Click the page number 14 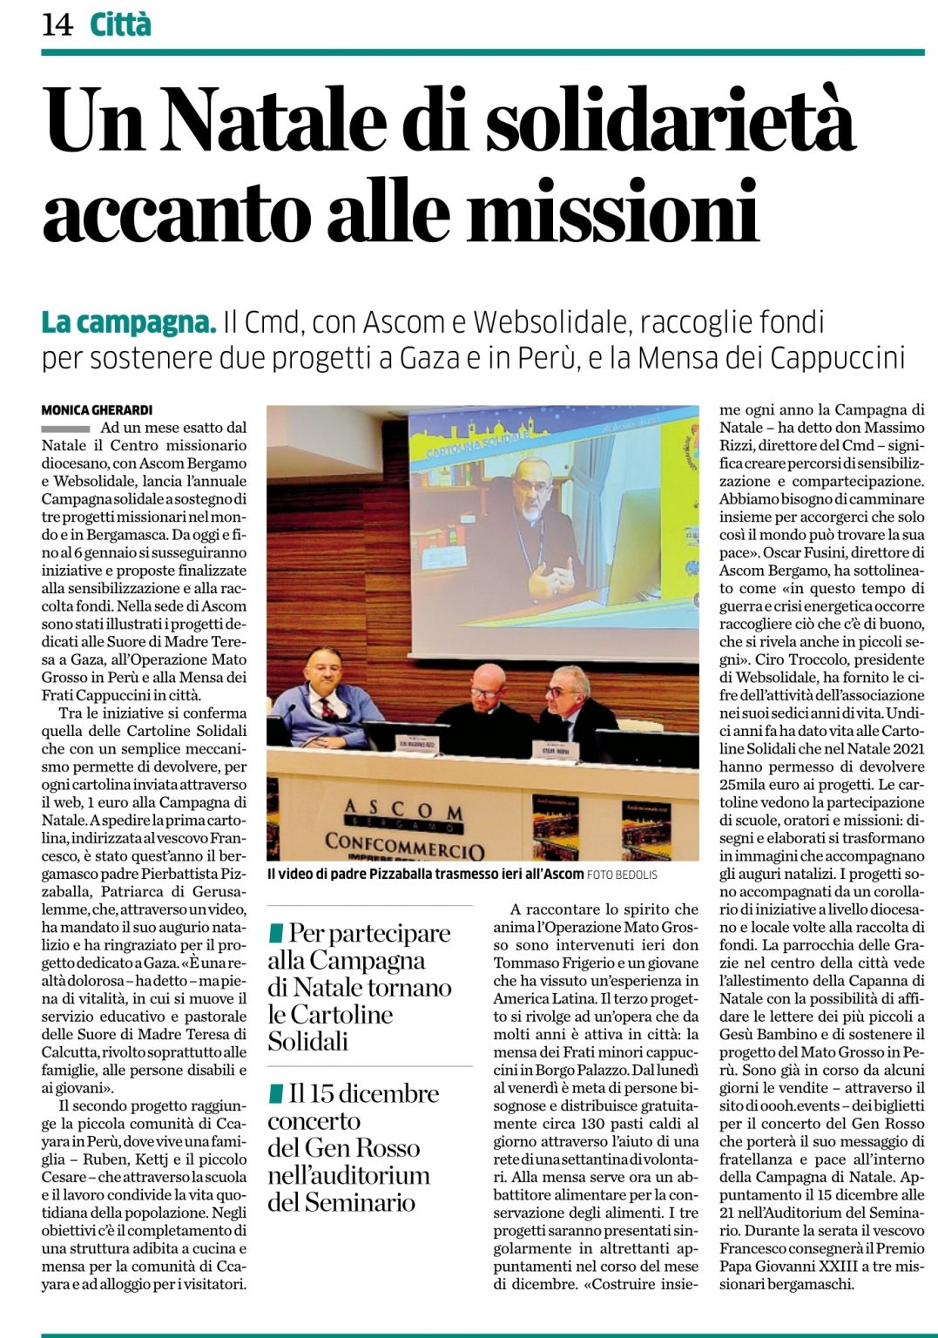click(57, 24)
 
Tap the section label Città click(120, 24)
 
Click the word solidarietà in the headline click(670, 120)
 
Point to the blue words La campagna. click(129, 323)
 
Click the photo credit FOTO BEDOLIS click(623, 875)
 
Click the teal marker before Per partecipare click(276, 933)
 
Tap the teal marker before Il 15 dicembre click(276, 1093)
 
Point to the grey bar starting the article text click(65, 429)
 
